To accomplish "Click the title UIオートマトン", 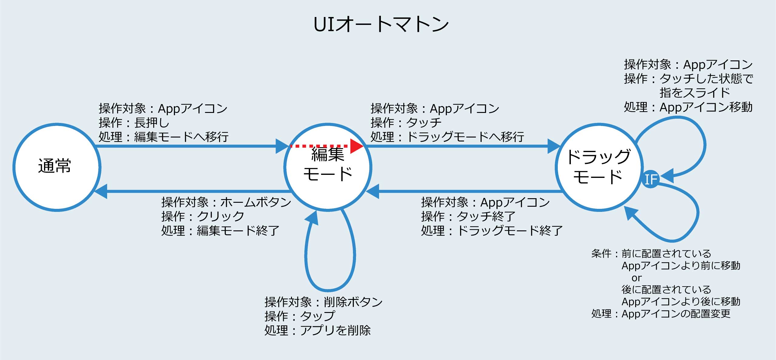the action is [381, 24].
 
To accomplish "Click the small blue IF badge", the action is [651, 179].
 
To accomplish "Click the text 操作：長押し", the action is [134, 123].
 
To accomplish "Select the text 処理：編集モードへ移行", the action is [164, 137].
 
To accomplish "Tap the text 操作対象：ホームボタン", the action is [226, 202].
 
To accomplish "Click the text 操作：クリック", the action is [203, 216].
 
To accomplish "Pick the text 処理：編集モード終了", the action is [220, 230].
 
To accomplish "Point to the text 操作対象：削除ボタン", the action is [324, 302].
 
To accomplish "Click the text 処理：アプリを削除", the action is [317, 330].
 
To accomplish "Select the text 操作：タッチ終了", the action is [468, 216].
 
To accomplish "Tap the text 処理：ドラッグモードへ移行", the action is [447, 137].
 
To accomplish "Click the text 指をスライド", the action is [695, 93].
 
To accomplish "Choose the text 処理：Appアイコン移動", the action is [688, 107].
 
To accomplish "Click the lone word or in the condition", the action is [636, 278].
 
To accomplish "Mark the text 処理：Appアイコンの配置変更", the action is [661, 314].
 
